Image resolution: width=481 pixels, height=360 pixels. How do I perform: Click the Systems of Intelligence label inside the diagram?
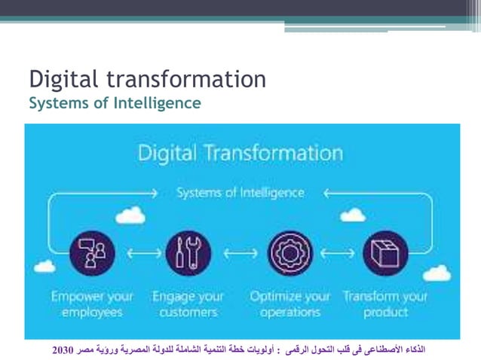(240, 193)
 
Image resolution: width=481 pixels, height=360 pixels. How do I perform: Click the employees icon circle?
(91, 253)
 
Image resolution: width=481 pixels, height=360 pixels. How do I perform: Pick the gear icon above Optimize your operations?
(290, 253)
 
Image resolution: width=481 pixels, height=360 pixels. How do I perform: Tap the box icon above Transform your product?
(384, 253)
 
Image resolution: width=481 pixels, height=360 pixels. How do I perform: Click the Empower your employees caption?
(91, 304)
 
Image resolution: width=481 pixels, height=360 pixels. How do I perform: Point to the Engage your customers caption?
(188, 304)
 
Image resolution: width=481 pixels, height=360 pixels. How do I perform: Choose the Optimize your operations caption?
(290, 304)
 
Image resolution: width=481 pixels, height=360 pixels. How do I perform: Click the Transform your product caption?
(384, 304)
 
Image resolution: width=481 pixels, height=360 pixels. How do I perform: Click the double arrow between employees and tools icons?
(139, 254)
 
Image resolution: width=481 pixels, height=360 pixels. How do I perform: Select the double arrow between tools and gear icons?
(239, 254)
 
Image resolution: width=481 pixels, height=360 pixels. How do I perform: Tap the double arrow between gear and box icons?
(338, 254)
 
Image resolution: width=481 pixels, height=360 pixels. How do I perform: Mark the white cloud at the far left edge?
(44, 266)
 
